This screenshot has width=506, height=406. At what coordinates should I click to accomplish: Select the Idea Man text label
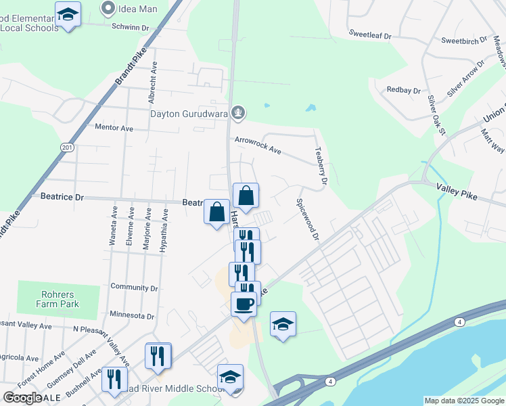139,9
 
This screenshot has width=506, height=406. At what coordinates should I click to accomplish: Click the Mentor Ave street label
114,127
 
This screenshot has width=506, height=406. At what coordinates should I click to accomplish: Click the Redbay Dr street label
403,90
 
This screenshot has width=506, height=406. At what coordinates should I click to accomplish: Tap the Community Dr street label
134,288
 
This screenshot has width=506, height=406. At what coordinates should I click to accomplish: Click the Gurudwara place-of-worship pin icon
237,112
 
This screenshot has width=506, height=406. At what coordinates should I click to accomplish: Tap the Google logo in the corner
22,398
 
